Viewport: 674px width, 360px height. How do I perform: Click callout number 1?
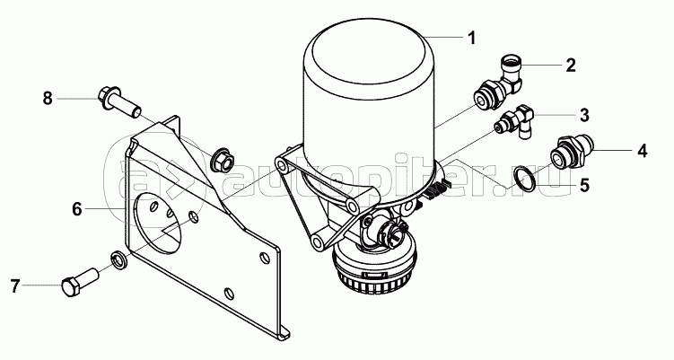tap(471, 38)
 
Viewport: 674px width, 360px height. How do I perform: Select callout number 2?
tap(571, 66)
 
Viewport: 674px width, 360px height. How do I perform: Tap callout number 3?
tap(584, 115)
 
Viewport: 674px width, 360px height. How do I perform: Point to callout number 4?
tap(642, 151)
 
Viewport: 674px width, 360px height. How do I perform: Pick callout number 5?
tap(584, 185)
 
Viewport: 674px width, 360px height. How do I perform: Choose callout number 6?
tap(76, 209)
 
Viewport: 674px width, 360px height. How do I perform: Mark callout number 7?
tap(15, 286)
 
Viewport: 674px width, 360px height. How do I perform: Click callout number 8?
tap(48, 99)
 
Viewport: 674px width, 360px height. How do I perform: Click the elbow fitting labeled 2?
tap(498, 82)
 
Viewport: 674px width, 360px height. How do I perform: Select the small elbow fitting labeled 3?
tap(514, 121)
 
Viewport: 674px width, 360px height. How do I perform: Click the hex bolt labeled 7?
tap(81, 282)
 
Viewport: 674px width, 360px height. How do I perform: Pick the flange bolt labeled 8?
tap(119, 102)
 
